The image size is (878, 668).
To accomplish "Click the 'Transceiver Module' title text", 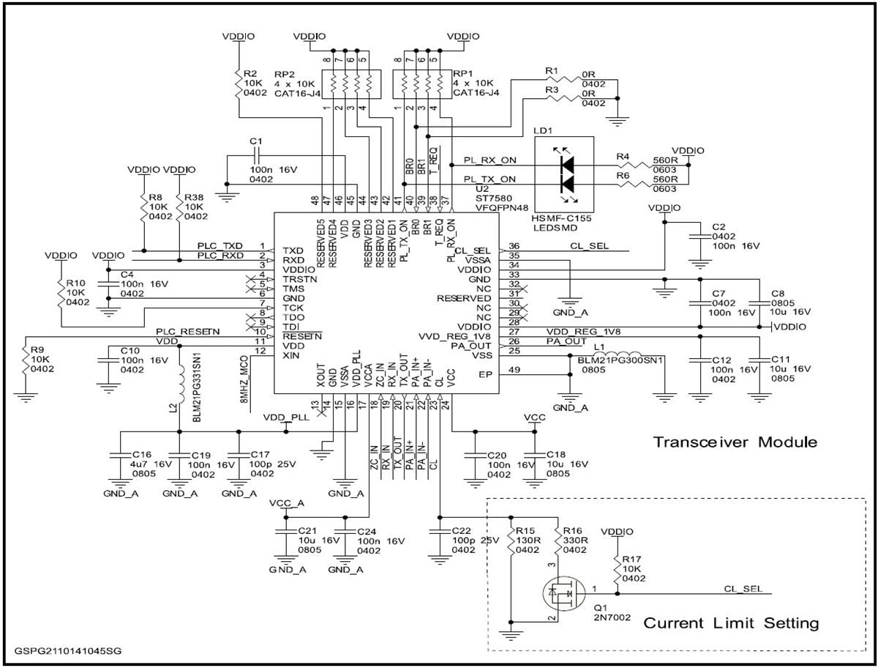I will [x=735, y=442].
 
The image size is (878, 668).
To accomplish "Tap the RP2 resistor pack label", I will [x=285, y=74].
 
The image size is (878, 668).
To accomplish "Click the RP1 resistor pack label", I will [x=462, y=74].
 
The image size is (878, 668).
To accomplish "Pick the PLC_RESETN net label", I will [x=187, y=332].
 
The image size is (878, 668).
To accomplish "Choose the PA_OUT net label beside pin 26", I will [x=566, y=341].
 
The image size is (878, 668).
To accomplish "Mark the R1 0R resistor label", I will [x=552, y=70].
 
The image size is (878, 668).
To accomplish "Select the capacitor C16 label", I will [x=140, y=454].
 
